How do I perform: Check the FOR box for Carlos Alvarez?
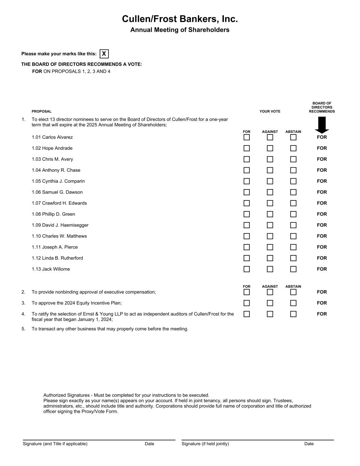(247, 137)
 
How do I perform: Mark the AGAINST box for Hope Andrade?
(270, 148)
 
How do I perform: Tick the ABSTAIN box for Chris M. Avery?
(293, 159)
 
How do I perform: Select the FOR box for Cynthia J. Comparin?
(247, 181)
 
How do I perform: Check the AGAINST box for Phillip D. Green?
(270, 214)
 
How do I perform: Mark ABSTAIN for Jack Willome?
(293, 269)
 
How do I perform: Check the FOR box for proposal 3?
(247, 303)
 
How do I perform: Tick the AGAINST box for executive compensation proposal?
(270, 292)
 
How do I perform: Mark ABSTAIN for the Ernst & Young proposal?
(293, 314)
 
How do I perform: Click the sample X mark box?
(104, 54)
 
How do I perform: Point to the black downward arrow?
(322, 125)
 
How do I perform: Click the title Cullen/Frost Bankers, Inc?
(180, 19)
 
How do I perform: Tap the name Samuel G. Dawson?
(62, 192)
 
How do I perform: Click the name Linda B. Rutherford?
(62, 258)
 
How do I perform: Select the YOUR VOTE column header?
(270, 111)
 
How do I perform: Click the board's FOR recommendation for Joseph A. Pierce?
(322, 247)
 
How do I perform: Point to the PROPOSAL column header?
(42, 111)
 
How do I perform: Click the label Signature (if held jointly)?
(205, 444)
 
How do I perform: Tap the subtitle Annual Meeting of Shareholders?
(180, 30)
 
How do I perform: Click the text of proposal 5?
(110, 329)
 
